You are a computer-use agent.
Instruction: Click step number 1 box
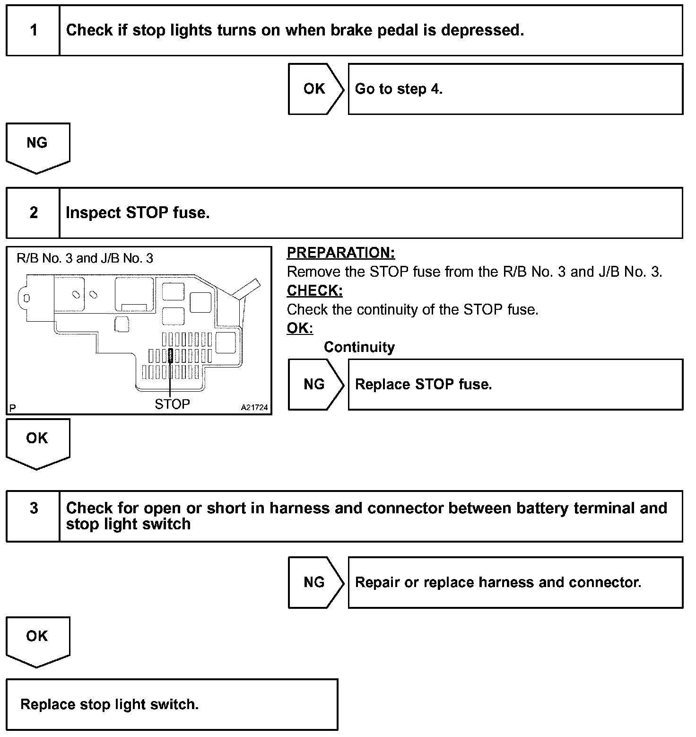click(33, 31)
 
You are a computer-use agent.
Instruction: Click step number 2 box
click(33, 213)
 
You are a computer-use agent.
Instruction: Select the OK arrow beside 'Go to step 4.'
click(315, 89)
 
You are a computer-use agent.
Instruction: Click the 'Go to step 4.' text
click(399, 89)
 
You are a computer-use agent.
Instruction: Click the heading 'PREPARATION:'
click(341, 253)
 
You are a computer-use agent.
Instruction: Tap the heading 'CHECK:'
click(314, 290)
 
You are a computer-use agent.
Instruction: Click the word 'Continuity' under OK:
click(359, 347)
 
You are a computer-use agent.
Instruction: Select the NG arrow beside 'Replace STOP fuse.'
click(315, 384)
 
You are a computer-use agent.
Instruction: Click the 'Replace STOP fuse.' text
click(423, 384)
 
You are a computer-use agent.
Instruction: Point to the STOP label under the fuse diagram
click(172, 404)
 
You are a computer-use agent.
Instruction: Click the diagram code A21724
click(254, 407)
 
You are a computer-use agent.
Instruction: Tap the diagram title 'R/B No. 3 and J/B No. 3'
click(85, 258)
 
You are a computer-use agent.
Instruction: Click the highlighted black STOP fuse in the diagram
click(170, 356)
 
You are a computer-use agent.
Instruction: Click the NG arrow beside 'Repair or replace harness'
click(315, 582)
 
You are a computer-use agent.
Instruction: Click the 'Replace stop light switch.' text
click(109, 704)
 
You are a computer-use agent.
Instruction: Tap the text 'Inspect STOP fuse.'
click(137, 213)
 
